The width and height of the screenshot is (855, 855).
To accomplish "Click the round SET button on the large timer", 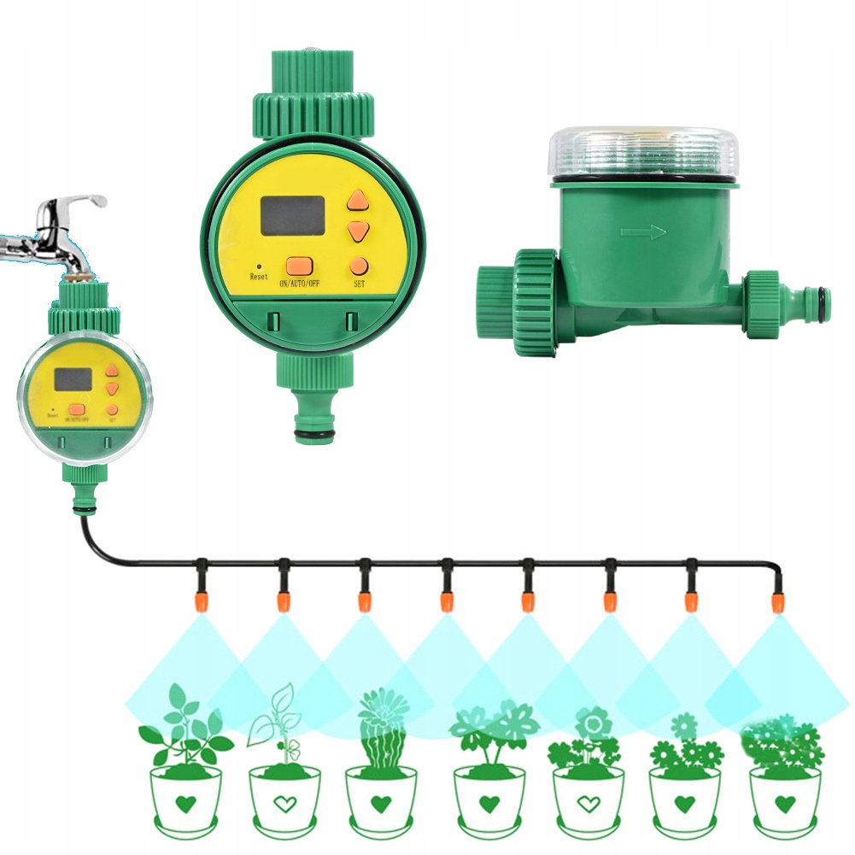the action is [359, 266].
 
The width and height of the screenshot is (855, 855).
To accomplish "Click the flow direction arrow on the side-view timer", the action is [641, 231].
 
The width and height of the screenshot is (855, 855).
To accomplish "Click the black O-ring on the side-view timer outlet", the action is [823, 300].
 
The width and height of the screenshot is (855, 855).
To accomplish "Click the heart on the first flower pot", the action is [186, 804].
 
